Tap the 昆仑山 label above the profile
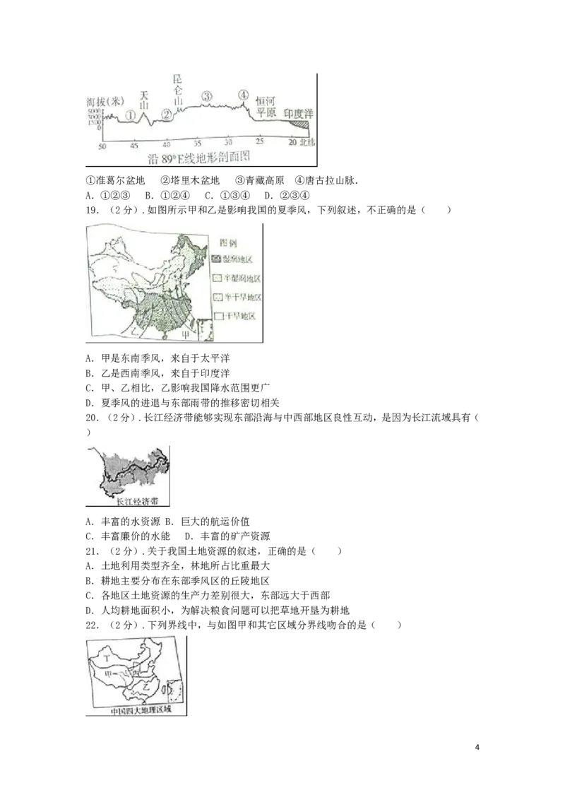point(178,89)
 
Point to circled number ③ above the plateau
point(206,96)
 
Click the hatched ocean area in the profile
point(302,125)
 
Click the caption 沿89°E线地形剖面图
point(200,158)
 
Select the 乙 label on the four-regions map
point(145,686)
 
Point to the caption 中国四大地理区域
point(136,711)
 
